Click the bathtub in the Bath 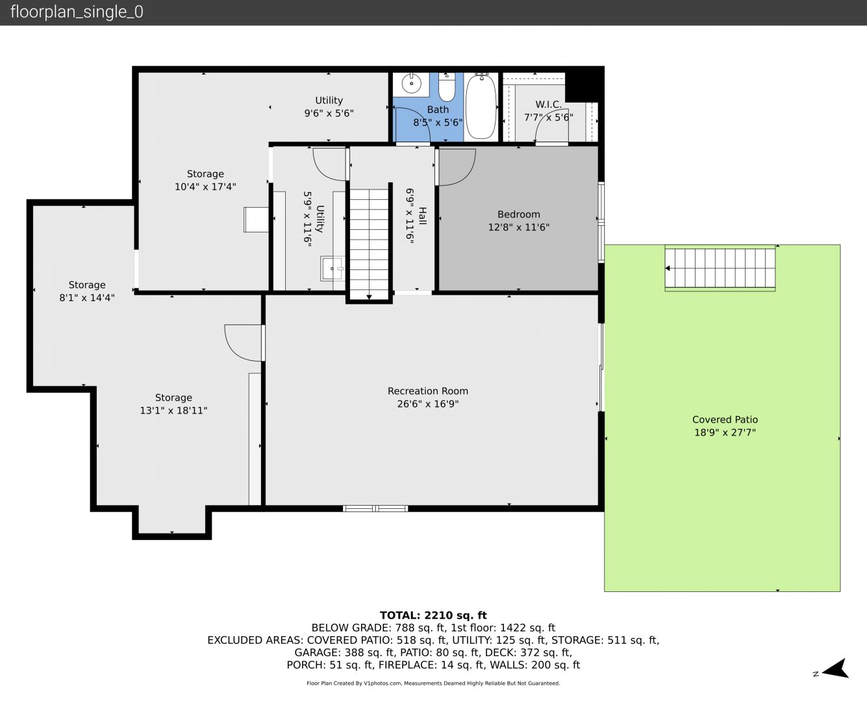[481, 106]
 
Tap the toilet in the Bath [447, 87]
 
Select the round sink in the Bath [412, 84]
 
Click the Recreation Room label [428, 391]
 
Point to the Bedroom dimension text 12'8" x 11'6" [518, 227]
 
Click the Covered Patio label [725, 419]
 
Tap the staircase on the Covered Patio [720, 268]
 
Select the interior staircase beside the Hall [369, 244]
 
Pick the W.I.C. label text [548, 105]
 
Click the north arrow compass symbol [835, 669]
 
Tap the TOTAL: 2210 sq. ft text [433, 615]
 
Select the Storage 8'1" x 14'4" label [87, 291]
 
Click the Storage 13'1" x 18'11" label [173, 404]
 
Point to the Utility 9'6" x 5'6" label [329, 106]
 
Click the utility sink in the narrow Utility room [333, 269]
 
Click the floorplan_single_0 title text [77, 12]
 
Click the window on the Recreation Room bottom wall [375, 509]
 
